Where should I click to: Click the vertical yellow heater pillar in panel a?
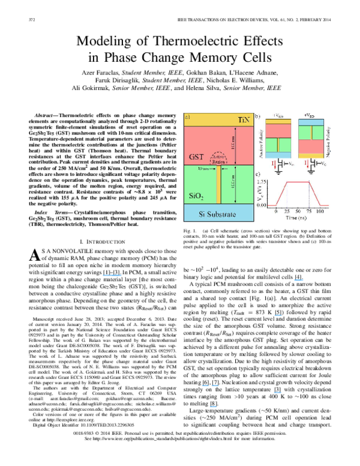(x=219, y=186)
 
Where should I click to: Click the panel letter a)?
(x=188, y=116)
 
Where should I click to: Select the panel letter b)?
(x=257, y=116)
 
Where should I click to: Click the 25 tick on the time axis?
(x=287, y=212)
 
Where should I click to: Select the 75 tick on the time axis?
(x=309, y=212)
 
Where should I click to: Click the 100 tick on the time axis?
(x=320, y=212)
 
